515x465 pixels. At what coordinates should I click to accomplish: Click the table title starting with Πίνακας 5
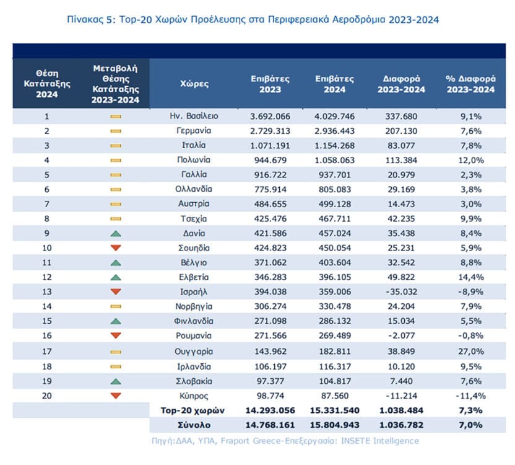pos(253,19)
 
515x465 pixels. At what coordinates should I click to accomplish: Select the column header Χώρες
pos(194,84)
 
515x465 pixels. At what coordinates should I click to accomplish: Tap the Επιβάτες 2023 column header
pos(270,84)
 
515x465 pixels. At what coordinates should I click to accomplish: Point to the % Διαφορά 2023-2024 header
pos(470,84)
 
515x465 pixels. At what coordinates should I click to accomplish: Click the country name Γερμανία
pos(194,131)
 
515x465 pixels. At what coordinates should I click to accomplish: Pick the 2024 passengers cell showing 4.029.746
pos(335,117)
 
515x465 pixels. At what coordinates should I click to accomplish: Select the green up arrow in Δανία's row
pos(116,234)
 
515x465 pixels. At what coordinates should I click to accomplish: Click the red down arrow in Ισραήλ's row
pos(116,291)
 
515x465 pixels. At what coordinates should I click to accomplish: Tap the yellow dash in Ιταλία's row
pos(116,146)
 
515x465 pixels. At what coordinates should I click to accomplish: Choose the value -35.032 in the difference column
pos(401,292)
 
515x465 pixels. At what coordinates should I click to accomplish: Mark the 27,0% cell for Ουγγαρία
pos(471,352)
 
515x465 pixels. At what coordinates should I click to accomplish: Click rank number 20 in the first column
pos(47,396)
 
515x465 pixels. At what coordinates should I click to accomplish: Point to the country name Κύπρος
pos(194,396)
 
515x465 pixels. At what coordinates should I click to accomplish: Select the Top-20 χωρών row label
pos(193,410)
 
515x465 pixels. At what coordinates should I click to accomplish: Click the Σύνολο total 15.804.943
pos(335,425)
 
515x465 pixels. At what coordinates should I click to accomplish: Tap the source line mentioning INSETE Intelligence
pos(285,441)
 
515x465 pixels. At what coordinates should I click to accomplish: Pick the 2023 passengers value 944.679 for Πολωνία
pos(270,160)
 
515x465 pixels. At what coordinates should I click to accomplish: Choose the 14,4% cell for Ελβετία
pos(471,277)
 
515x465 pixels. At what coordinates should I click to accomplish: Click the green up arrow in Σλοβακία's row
pos(116,381)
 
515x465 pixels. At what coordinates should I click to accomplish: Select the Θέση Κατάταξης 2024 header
pos(47,84)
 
